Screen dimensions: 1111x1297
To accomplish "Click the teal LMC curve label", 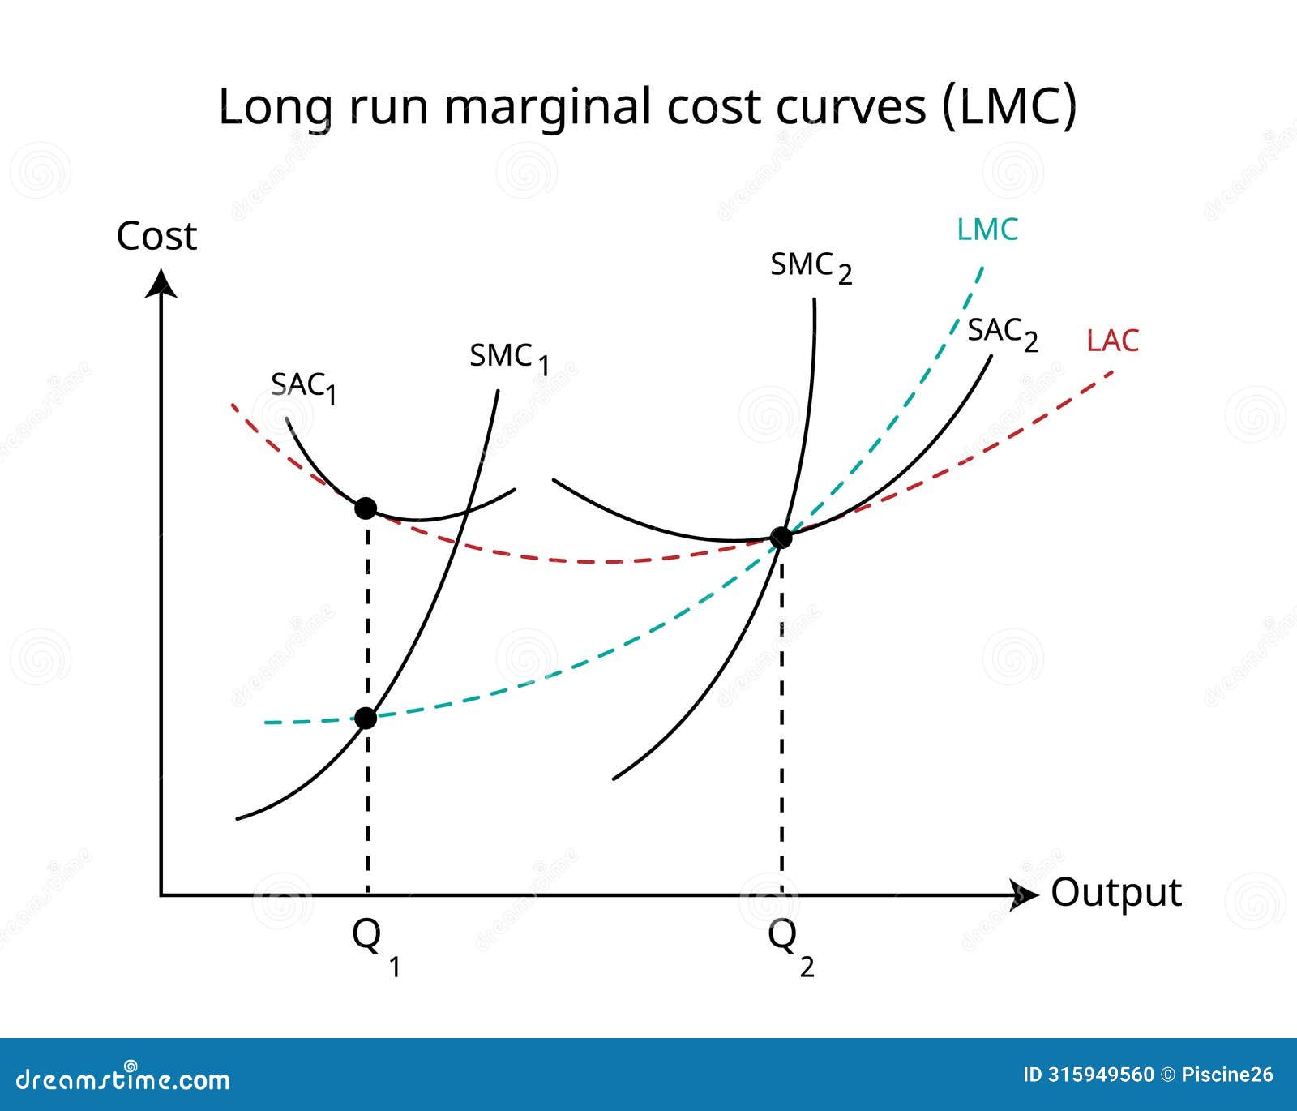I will click(987, 229).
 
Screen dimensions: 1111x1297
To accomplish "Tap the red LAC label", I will click(1112, 341).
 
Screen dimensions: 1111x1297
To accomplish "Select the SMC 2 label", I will click(811, 267).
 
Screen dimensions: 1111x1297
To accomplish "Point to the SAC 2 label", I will click(1002, 332).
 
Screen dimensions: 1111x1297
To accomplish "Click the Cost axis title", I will click(156, 236).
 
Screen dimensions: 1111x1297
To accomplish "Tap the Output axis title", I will click(1116, 892).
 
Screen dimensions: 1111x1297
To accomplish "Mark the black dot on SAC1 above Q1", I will click(366, 508).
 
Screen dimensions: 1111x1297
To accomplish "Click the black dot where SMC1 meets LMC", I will click(366, 718).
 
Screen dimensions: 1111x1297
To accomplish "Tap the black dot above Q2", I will click(781, 537).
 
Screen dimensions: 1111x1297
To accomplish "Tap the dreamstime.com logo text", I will click(123, 1079).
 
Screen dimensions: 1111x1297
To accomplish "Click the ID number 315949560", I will click(1102, 1075).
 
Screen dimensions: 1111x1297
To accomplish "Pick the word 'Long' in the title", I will click(271, 107).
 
